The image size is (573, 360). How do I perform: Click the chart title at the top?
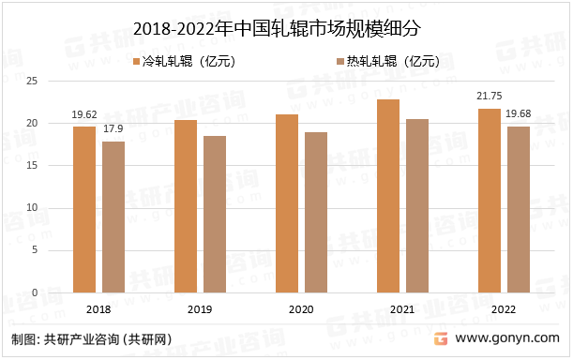tap(286, 29)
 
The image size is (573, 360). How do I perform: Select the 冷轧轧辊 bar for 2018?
tap(84, 209)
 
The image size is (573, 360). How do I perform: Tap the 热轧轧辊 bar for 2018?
tap(113, 217)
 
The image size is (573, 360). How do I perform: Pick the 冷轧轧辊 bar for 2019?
tap(186, 206)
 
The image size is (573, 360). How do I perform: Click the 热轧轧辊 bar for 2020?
tap(316, 212)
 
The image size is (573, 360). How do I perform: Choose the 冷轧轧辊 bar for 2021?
tap(388, 196)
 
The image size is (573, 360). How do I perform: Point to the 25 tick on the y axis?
tap(57, 81)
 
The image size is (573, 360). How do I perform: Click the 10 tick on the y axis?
tap(57, 208)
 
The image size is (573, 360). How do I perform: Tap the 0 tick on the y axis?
tap(60, 292)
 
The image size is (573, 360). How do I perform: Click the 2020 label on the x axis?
tap(301, 308)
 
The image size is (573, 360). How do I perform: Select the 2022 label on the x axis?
tap(504, 308)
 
